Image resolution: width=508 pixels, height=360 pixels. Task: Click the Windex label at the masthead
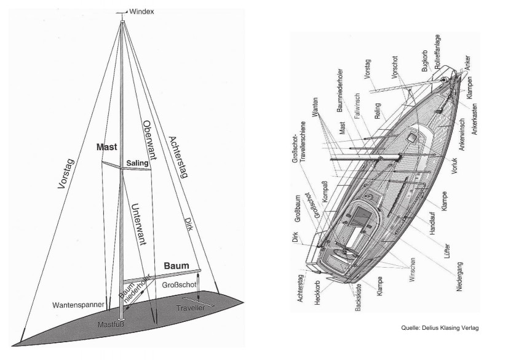pyautogui.click(x=141, y=12)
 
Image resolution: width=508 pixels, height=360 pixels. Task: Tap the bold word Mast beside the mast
pyautogui.click(x=106, y=147)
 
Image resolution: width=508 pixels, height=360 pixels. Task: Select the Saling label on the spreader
pyautogui.click(x=137, y=163)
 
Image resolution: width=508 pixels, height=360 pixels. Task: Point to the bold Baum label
pyautogui.click(x=177, y=266)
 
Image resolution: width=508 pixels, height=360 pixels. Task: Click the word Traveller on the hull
pyautogui.click(x=191, y=308)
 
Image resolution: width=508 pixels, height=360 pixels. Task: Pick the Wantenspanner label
pyautogui.click(x=78, y=305)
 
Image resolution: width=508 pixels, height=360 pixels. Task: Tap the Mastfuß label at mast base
pyautogui.click(x=111, y=324)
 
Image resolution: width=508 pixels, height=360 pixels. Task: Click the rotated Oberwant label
pyautogui.click(x=149, y=141)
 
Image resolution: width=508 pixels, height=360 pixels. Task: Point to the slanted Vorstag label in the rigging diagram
pyautogui.click(x=66, y=174)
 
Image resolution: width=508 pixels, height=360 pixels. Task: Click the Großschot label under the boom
pyautogui.click(x=179, y=285)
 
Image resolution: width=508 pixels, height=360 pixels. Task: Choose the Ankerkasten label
pyautogui.click(x=474, y=119)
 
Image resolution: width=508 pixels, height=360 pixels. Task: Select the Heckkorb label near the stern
pyautogui.click(x=317, y=292)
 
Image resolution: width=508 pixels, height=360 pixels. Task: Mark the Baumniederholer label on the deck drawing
pyautogui.click(x=339, y=90)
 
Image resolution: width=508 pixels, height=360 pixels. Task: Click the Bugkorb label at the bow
pyautogui.click(x=425, y=61)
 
